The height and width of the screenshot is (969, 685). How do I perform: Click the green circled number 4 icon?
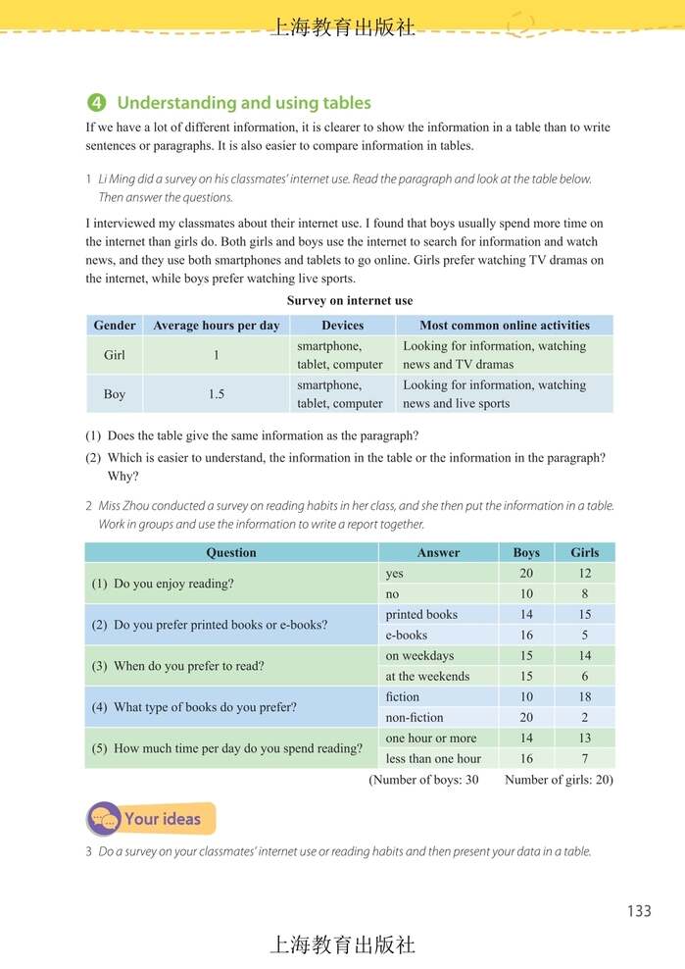click(x=96, y=103)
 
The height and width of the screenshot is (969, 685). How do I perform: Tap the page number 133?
click(x=638, y=911)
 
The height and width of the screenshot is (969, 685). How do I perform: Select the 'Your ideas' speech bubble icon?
click(x=103, y=819)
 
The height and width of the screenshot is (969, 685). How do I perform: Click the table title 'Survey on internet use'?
click(x=350, y=301)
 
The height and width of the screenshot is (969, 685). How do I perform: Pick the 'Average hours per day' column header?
click(x=217, y=326)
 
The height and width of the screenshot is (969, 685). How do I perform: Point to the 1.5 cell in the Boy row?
click(x=217, y=394)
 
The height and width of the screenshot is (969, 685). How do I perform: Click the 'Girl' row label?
click(x=115, y=355)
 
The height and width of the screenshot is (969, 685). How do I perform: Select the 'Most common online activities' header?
click(x=505, y=326)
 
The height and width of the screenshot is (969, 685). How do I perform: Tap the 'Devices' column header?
click(x=342, y=326)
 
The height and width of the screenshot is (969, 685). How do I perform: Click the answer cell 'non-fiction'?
click(x=415, y=718)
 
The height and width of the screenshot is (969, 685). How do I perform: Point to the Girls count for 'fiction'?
click(x=585, y=697)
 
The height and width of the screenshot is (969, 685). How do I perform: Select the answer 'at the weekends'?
click(x=427, y=677)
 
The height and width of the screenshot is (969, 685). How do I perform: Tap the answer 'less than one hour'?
click(x=433, y=759)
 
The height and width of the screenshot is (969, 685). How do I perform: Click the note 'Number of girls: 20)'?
click(x=559, y=781)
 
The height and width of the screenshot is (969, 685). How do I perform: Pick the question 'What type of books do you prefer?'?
click(x=205, y=707)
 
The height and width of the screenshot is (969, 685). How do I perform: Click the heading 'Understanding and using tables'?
click(x=244, y=103)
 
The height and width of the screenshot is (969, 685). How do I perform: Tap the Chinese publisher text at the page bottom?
click(x=342, y=944)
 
